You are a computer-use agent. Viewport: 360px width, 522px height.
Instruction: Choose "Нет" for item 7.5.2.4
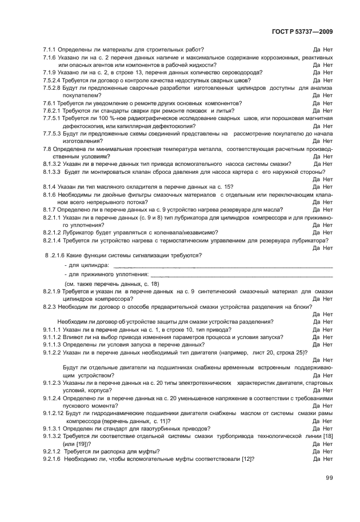tap(328, 80)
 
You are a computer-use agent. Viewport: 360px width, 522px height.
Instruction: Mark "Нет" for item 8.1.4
tap(328, 186)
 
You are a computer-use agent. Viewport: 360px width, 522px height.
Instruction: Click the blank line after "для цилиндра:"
tap(223, 266)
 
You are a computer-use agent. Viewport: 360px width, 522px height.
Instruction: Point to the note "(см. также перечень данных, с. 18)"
tap(112, 284)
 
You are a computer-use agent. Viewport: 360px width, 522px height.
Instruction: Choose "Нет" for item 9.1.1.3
tap(328, 345)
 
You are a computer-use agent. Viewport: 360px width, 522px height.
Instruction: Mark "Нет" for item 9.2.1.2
tap(328, 451)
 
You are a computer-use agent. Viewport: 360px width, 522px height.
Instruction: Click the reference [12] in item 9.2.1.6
tap(247, 459)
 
